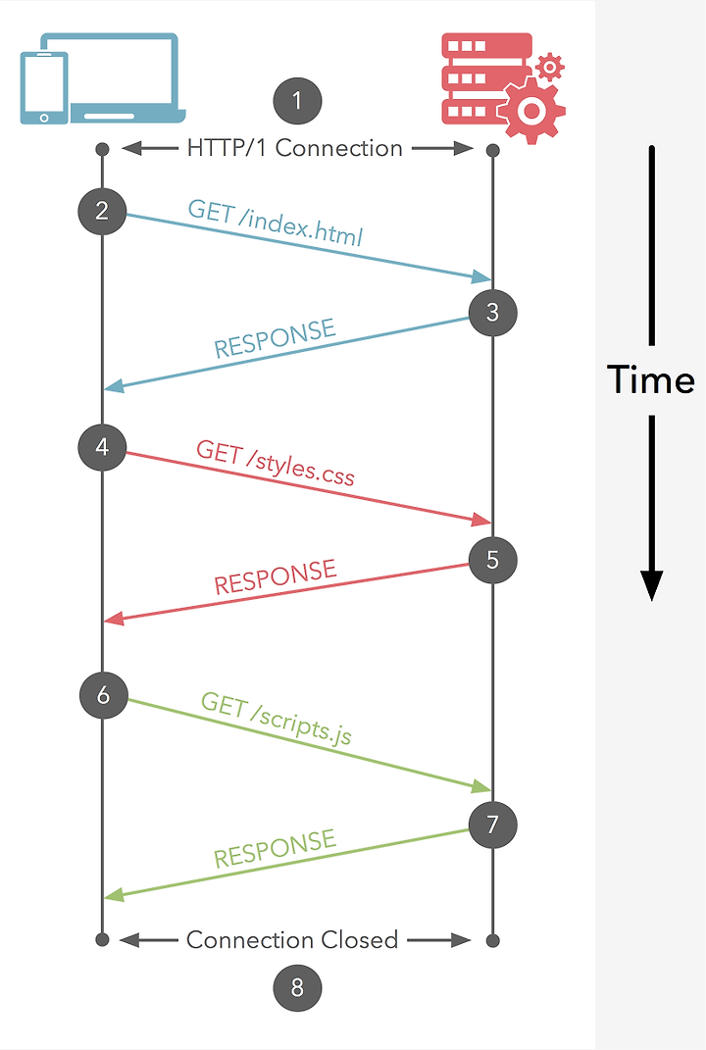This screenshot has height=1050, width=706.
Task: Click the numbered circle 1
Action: pyautogui.click(x=298, y=100)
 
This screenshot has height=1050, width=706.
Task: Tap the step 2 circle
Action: pyautogui.click(x=102, y=210)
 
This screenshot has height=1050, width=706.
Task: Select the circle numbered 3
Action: pyautogui.click(x=492, y=313)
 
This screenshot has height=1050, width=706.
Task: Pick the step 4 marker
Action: pyautogui.click(x=102, y=448)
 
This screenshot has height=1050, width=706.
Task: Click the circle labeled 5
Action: pyautogui.click(x=492, y=560)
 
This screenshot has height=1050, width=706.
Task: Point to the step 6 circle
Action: pyautogui.click(x=103, y=695)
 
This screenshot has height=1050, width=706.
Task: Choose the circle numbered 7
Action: pyautogui.click(x=492, y=824)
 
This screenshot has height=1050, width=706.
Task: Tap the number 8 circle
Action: pyautogui.click(x=298, y=987)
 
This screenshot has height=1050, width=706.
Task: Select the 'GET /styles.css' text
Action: pyautogui.click(x=276, y=463)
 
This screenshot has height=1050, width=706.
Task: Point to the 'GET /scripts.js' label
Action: pyautogui.click(x=276, y=718)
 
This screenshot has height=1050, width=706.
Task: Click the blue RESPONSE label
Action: pyautogui.click(x=275, y=338)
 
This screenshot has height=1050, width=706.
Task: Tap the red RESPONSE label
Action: pyautogui.click(x=275, y=577)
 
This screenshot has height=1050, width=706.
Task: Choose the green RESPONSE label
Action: pyautogui.click(x=275, y=848)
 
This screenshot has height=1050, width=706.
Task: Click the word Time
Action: pyautogui.click(x=650, y=379)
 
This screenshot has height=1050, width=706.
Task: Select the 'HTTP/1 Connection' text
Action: pyautogui.click(x=295, y=149)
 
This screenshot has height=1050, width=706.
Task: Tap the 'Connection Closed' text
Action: pyautogui.click(x=292, y=940)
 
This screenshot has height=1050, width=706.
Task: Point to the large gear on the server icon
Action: pyautogui.click(x=530, y=110)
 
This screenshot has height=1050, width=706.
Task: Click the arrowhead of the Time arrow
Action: pyautogui.click(x=652, y=584)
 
